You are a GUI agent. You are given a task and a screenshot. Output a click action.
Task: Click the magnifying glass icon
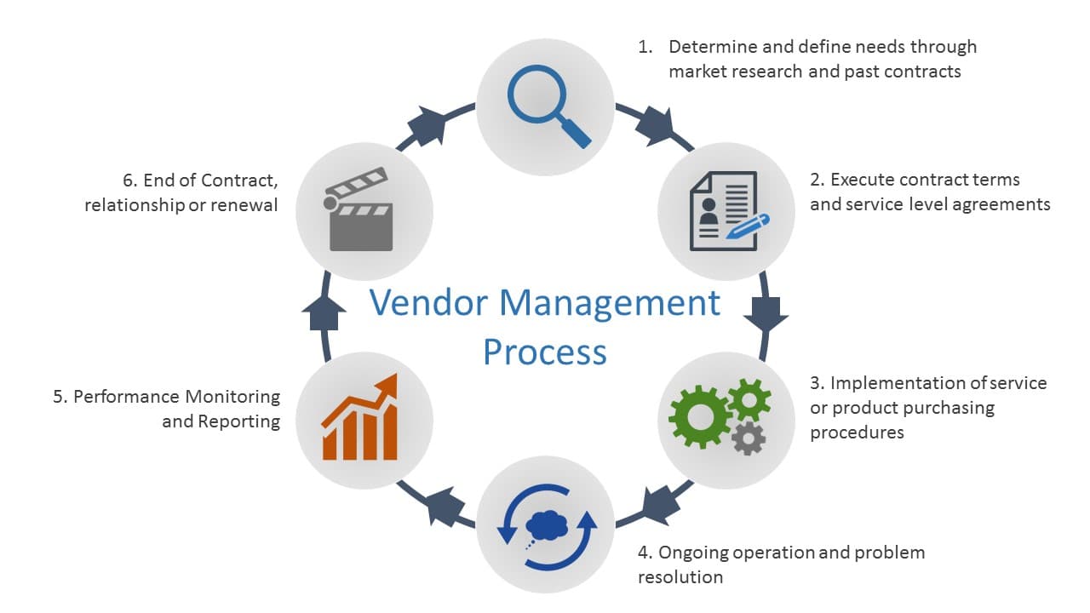[545, 105]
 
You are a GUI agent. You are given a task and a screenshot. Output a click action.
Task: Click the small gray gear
[749, 438]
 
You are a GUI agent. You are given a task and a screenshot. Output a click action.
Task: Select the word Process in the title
[545, 351]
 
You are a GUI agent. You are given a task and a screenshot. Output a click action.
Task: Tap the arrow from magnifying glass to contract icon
[655, 125]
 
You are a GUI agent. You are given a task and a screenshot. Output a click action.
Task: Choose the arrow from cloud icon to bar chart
[442, 507]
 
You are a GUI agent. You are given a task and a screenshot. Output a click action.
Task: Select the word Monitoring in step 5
[232, 397]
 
